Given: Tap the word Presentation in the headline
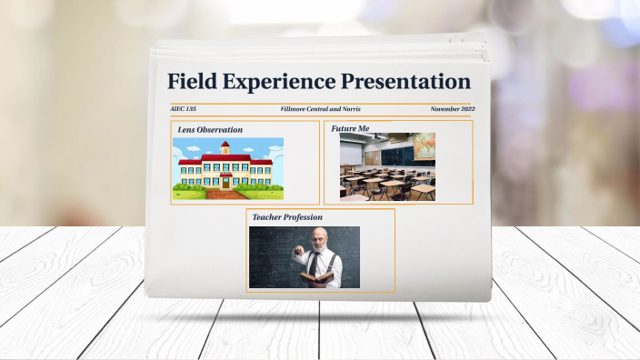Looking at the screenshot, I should (x=405, y=81).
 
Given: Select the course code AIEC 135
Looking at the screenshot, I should (x=183, y=109).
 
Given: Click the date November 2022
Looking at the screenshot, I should (x=453, y=109).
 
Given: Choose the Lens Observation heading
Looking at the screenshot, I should (x=210, y=130).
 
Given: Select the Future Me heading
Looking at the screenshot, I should (x=350, y=129).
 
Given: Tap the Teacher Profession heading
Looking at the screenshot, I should (x=286, y=217).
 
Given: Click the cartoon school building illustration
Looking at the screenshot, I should (x=227, y=168).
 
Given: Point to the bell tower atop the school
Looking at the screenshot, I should (x=225, y=148).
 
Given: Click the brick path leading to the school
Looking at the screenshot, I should (x=225, y=193).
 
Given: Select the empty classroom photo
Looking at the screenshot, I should (x=387, y=167).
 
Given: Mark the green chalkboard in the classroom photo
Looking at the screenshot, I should (x=394, y=155).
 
